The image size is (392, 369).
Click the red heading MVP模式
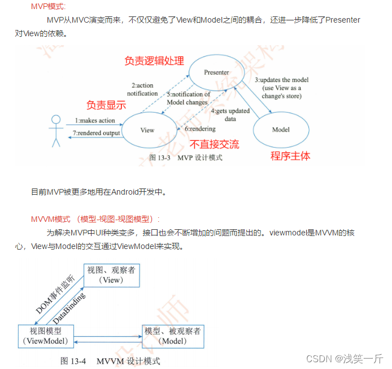pyautogui.click(x=48, y=6)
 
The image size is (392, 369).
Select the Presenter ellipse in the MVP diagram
pyautogui.click(x=216, y=72)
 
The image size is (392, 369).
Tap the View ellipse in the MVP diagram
pyautogui.click(x=147, y=130)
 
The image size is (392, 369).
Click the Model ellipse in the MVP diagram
pyautogui.click(x=281, y=130)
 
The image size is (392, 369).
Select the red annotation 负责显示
pyautogui.click(x=106, y=105)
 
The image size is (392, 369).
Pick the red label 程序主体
pyautogui.click(x=290, y=156)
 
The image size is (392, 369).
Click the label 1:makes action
pyautogui.click(x=95, y=121)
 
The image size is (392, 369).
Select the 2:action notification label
pyautogui.click(x=142, y=89)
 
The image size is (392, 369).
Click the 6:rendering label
pyautogui.click(x=201, y=128)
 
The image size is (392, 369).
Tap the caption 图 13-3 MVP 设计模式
pyautogui.click(x=186, y=158)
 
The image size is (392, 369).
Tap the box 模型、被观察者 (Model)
pyautogui.click(x=172, y=336)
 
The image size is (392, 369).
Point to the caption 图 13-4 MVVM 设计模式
pyautogui.click(x=110, y=361)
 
